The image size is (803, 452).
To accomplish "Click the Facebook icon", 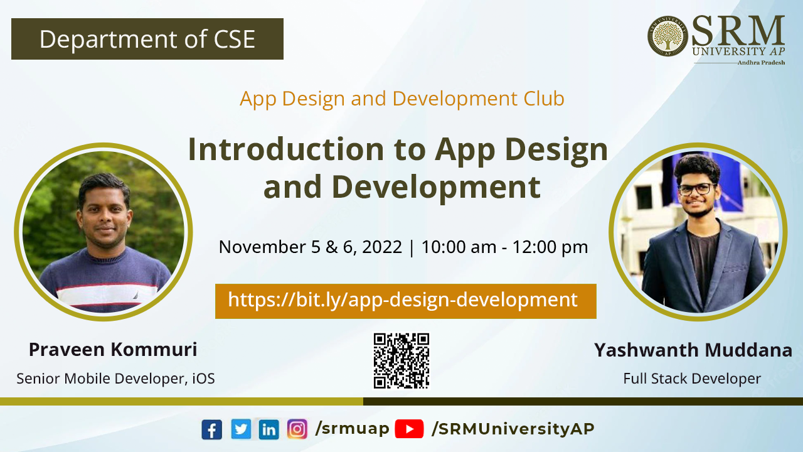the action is [x=211, y=429].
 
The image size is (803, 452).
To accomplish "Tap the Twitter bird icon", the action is [x=241, y=429].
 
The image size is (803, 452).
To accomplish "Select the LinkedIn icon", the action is [x=269, y=429].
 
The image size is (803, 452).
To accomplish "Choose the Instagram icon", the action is [x=297, y=429].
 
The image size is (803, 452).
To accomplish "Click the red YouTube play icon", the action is [x=409, y=429].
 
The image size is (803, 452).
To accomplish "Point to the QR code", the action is [x=401, y=361].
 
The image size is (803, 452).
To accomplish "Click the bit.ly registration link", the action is [x=403, y=300].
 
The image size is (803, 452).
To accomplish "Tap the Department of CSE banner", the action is [x=147, y=39].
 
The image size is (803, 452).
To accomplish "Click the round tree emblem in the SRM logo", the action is [x=667, y=36].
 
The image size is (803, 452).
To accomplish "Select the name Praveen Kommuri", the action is [x=113, y=350].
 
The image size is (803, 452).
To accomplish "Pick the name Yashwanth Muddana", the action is [x=693, y=350].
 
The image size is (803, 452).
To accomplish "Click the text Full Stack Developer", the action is [x=692, y=379].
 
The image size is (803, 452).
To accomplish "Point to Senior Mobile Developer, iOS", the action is [x=116, y=379].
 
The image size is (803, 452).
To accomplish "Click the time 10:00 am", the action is [x=459, y=247].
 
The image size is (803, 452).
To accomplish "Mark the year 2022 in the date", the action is [x=382, y=247].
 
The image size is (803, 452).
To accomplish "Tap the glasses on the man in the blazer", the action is [x=697, y=189].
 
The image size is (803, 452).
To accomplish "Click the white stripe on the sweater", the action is [x=107, y=295].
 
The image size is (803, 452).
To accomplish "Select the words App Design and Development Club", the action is [x=402, y=99].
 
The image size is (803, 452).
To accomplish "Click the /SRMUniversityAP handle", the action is [x=513, y=429].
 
